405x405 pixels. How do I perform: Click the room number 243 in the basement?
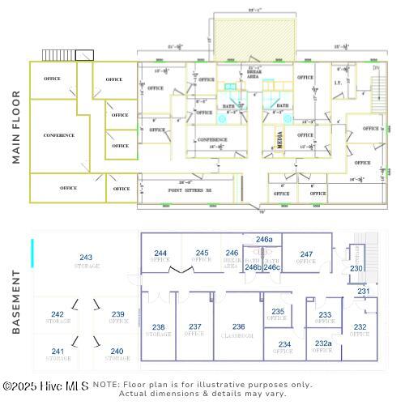click(x=86, y=258)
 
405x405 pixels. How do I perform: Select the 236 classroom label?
click(x=238, y=326)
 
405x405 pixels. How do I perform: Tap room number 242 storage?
click(x=58, y=314)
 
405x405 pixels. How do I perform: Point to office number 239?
click(x=118, y=314)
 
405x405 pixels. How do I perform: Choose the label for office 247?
click(x=305, y=254)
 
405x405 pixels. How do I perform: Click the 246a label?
click(x=264, y=240)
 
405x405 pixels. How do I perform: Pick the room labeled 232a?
click(x=322, y=343)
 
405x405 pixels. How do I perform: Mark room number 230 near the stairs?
click(x=356, y=268)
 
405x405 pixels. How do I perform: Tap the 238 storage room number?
click(x=159, y=326)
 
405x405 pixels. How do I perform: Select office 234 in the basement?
click(x=284, y=343)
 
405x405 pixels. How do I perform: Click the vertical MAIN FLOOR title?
click(x=16, y=127)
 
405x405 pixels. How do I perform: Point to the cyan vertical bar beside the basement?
click(x=32, y=253)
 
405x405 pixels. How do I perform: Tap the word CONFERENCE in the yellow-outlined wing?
click(x=58, y=135)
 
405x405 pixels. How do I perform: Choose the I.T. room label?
click(x=338, y=83)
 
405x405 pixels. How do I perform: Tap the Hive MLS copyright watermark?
click(x=45, y=386)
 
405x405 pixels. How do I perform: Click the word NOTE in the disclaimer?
click(x=107, y=385)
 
